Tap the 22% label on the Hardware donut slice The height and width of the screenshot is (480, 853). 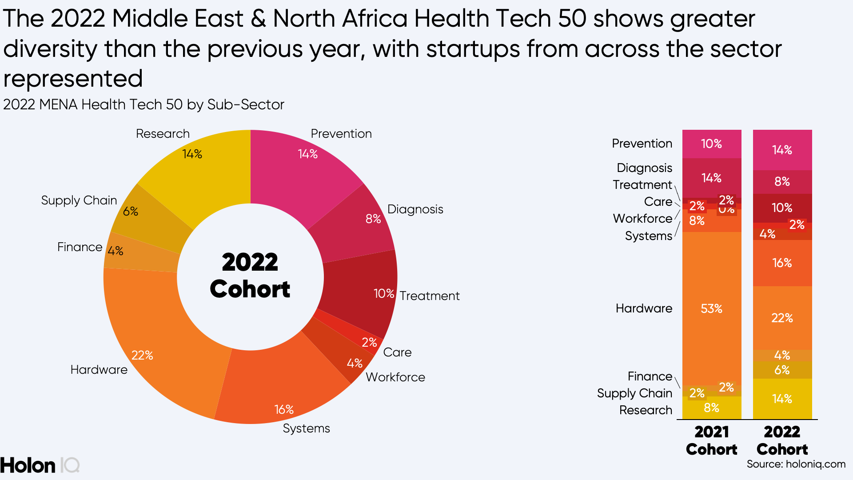coord(142,355)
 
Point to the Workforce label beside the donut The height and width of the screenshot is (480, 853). coord(395,377)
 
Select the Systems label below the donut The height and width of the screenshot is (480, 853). coord(306,428)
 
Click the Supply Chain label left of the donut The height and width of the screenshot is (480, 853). coord(79,200)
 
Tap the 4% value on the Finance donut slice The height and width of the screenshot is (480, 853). coord(116,251)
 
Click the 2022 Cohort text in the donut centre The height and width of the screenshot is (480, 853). coord(250,276)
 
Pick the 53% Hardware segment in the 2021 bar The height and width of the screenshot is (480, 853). coord(711,308)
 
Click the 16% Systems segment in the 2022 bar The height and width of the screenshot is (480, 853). coord(782,263)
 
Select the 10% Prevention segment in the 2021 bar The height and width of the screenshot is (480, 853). coord(711,144)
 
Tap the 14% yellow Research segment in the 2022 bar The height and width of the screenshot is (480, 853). coord(782,399)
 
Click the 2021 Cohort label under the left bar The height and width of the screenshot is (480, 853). coord(711,440)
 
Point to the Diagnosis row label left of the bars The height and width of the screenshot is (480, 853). coord(644,168)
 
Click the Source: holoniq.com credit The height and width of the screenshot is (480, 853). coord(796,464)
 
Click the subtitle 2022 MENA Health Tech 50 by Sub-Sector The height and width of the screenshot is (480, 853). coord(143,104)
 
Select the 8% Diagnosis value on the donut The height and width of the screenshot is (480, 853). coord(373,219)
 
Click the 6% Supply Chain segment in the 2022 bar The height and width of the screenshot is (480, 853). coord(782,370)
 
